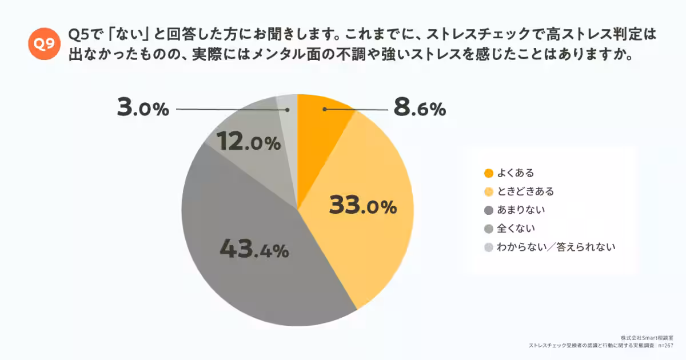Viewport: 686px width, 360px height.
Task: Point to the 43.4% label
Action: pyautogui.click(x=254, y=250)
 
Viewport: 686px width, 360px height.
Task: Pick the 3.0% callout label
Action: pyautogui.click(x=143, y=108)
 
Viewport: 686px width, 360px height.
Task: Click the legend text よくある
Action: pyautogui.click(x=516, y=173)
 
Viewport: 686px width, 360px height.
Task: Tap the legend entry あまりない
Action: pyautogui.click(x=521, y=210)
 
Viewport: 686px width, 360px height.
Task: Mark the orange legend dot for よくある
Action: pyautogui.click(x=488, y=173)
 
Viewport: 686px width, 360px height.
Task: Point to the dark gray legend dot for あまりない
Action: pyautogui.click(x=488, y=210)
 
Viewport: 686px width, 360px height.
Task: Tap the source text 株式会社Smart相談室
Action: pyautogui.click(x=646, y=338)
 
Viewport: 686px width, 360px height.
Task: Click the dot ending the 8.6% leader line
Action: pyautogui.click(x=324, y=109)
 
